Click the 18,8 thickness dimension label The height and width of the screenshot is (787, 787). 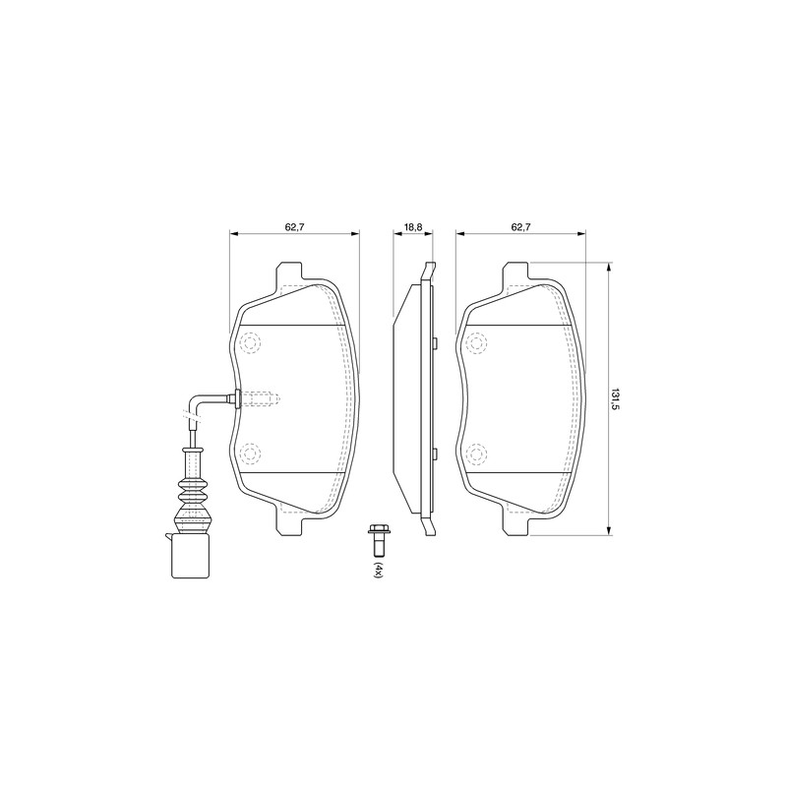[x=412, y=227]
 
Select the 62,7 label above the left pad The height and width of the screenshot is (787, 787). [x=294, y=227]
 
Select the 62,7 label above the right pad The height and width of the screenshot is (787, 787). [x=521, y=227]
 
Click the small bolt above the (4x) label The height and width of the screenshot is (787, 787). [x=377, y=539]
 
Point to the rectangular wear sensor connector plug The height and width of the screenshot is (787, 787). [x=190, y=556]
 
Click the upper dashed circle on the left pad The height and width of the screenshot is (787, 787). [x=250, y=343]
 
